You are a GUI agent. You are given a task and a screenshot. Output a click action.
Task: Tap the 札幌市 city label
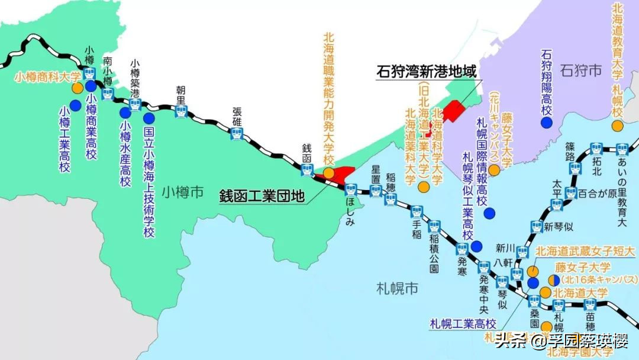click(x=397, y=288)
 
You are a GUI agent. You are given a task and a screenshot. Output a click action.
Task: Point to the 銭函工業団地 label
click(x=262, y=195)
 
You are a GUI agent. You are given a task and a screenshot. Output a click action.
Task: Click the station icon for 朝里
click(x=182, y=110)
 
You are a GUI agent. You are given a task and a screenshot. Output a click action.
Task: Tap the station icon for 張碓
click(x=237, y=133)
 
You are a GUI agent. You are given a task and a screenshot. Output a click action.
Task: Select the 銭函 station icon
click(x=307, y=171)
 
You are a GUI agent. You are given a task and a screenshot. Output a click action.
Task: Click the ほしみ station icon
click(x=350, y=189)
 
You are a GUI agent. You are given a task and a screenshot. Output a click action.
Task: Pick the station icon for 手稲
click(x=417, y=212)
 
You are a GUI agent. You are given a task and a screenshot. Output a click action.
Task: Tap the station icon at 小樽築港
click(x=135, y=104)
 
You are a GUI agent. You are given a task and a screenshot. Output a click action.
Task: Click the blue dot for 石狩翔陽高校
click(x=547, y=122)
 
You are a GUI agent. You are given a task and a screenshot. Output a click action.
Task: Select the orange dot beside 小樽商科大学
click(x=77, y=88)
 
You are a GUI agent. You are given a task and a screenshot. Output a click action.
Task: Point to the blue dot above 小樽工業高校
click(x=75, y=105)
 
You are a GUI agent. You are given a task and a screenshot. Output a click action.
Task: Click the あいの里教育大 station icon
click(x=621, y=149)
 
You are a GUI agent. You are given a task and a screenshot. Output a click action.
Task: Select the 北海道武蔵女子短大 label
click(x=585, y=252)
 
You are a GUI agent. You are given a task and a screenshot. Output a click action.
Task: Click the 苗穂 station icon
click(x=590, y=305)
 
